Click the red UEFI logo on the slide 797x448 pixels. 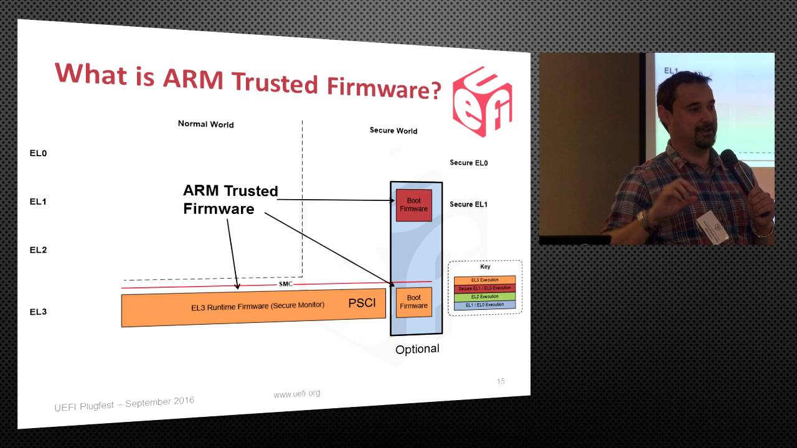(x=483, y=101)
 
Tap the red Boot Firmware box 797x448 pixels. (x=413, y=205)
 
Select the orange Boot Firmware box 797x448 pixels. (x=413, y=302)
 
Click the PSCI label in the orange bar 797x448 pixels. (x=362, y=303)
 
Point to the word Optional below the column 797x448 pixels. (x=417, y=349)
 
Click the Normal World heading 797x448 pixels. (x=205, y=124)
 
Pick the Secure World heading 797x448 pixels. (x=394, y=131)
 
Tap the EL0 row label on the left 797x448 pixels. (x=38, y=153)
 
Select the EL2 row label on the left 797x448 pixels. (x=38, y=250)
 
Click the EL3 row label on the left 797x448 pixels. (x=38, y=312)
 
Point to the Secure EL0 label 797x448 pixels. (x=469, y=163)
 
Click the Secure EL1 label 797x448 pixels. (x=469, y=204)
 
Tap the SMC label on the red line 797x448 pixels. (x=285, y=284)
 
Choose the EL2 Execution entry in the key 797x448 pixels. (x=484, y=297)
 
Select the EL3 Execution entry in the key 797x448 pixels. (x=484, y=280)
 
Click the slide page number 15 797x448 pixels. (x=501, y=381)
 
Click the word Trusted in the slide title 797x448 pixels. (x=275, y=83)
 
